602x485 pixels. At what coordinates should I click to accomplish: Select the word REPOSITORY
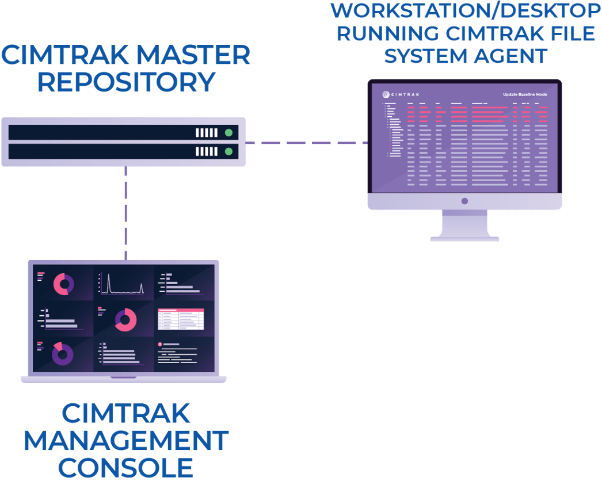[125, 81]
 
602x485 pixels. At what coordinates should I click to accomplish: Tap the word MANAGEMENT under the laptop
[125, 441]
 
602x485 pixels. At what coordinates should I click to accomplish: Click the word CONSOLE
[125, 467]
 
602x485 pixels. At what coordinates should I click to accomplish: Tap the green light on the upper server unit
[228, 132]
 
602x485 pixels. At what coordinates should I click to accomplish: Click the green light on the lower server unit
[228, 151]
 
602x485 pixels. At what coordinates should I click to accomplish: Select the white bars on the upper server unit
[207, 132]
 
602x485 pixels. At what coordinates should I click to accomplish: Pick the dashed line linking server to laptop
[125, 213]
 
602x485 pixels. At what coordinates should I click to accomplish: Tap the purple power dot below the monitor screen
[464, 201]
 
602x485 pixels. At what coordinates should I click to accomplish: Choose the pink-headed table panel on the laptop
[181, 319]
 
